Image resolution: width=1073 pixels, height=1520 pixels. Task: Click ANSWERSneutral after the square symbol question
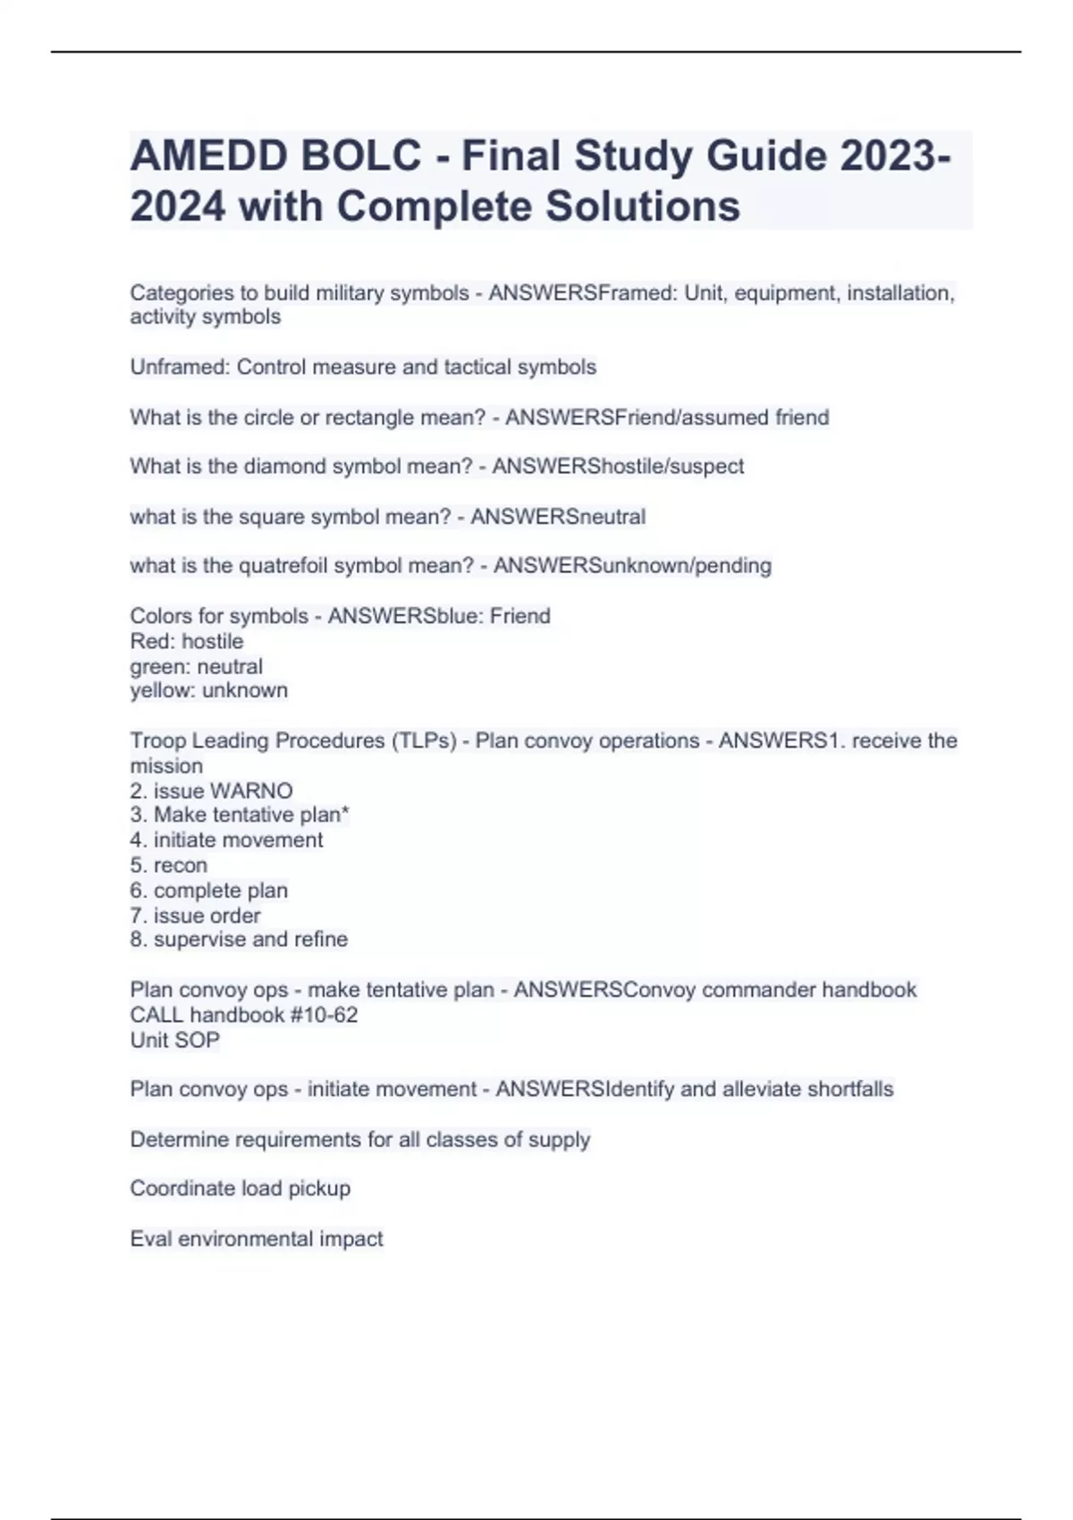pos(558,517)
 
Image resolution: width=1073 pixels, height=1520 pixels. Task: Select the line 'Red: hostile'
pos(186,641)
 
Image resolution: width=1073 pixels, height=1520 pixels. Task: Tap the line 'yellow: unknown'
pos(208,690)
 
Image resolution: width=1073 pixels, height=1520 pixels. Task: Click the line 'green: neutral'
pos(196,666)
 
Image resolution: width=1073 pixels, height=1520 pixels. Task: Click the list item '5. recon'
pos(168,866)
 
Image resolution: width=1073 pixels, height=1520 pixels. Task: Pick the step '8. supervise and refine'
pos(239,940)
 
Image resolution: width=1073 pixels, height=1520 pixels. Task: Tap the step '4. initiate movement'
pos(226,840)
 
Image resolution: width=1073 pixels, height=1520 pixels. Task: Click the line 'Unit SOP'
pos(174,1041)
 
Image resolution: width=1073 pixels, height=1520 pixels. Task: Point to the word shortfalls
pos(849,1090)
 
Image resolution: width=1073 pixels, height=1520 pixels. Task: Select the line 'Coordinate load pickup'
pos(240,1189)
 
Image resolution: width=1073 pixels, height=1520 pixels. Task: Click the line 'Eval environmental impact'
pos(256,1239)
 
